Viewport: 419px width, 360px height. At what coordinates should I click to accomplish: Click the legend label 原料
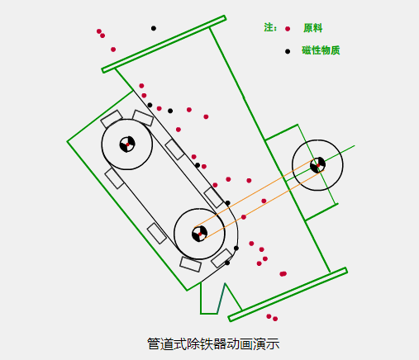tap(312, 28)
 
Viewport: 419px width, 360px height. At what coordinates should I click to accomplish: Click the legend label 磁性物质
tap(321, 50)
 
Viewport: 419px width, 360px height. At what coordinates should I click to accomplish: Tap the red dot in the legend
tap(288, 29)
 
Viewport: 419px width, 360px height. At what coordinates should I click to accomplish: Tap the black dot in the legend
tap(288, 51)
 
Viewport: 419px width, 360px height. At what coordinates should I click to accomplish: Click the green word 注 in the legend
tap(269, 27)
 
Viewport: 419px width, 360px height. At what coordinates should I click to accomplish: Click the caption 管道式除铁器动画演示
tap(213, 343)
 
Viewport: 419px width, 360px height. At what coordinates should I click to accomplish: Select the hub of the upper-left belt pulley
tap(127, 144)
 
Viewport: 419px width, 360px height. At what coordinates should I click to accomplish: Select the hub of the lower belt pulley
tap(199, 234)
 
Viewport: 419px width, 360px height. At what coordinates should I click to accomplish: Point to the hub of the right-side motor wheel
tap(317, 165)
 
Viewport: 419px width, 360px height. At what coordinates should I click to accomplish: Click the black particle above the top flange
tap(154, 28)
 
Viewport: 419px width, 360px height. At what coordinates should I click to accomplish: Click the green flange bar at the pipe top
tap(164, 44)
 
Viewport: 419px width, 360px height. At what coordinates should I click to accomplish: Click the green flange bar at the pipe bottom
tap(288, 294)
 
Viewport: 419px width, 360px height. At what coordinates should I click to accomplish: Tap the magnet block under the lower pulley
tap(190, 264)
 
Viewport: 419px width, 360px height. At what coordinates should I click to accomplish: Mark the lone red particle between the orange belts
tap(264, 201)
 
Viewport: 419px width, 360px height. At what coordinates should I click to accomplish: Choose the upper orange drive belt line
tap(254, 193)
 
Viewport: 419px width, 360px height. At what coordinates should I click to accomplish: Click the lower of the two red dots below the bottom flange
tap(275, 319)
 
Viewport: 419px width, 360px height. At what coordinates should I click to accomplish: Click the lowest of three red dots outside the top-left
tap(113, 50)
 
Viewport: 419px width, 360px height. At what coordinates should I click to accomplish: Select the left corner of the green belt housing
tap(68, 141)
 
